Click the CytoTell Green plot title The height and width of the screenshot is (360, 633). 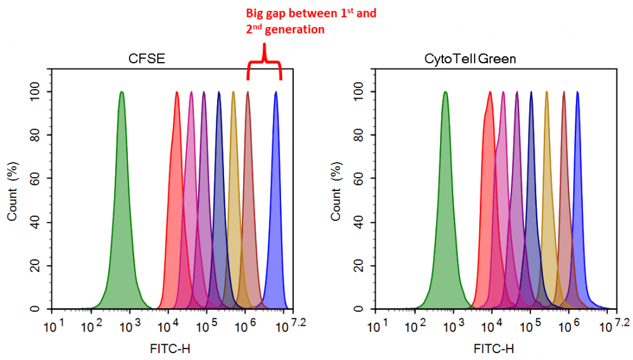(x=471, y=60)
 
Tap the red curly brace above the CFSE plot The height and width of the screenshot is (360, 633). (x=264, y=63)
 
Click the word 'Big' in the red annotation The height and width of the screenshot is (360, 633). (x=256, y=13)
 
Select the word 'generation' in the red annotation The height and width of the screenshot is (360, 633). (x=298, y=29)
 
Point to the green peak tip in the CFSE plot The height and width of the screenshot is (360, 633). (x=122, y=92)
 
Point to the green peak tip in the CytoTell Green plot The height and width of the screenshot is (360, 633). (x=446, y=92)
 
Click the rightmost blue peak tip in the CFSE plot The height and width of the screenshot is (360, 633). (x=276, y=92)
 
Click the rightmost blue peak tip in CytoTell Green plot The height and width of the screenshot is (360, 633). (x=577, y=92)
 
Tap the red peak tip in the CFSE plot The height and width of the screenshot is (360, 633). (x=177, y=92)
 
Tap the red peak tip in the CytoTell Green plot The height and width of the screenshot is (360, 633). (x=490, y=92)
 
